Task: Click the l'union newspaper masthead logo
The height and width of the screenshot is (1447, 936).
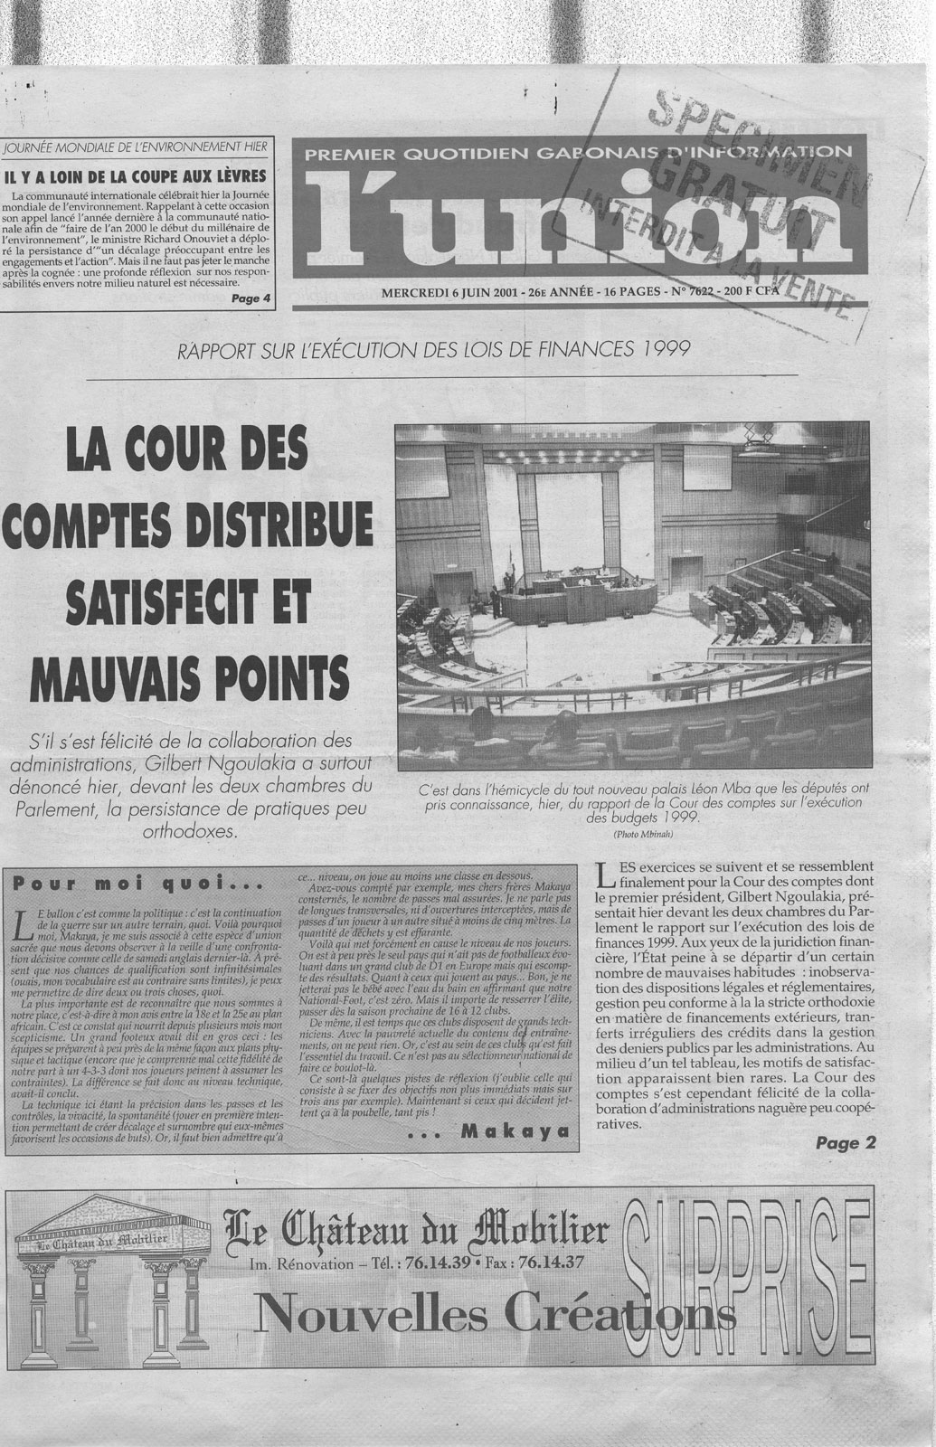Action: [579, 215]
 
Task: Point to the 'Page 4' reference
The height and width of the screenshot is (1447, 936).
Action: [251, 298]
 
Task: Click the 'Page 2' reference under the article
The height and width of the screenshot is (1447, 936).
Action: [846, 1143]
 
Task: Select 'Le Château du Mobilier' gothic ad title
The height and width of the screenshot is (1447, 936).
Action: [417, 1231]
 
